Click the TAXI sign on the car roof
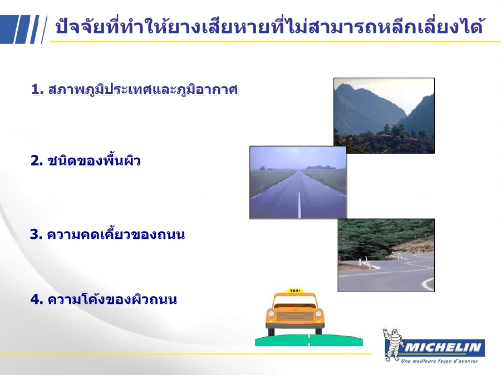[295, 291]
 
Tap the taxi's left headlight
[271, 314]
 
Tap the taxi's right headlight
[318, 314]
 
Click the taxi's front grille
[295, 316]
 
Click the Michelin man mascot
[392, 345]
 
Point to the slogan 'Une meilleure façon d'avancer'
[439, 361]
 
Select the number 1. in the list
[37, 89]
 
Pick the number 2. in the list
[37, 161]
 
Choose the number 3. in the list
[36, 234]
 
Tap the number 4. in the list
[37, 299]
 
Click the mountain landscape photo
[384, 116]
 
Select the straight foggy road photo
[298, 182]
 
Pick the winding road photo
[386, 255]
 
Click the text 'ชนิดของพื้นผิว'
[94, 161]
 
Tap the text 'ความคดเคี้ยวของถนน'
[116, 234]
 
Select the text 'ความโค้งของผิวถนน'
[112, 299]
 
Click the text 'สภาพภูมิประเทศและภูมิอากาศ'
[143, 89]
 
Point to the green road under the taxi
[308, 340]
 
